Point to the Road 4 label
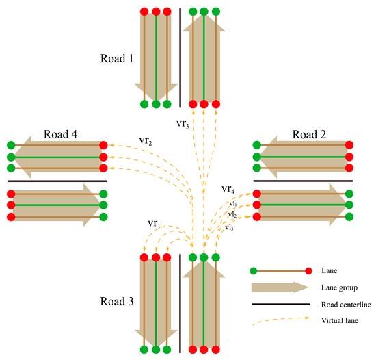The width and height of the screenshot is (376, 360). coord(61,133)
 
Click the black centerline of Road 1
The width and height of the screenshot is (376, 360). coord(180,58)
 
